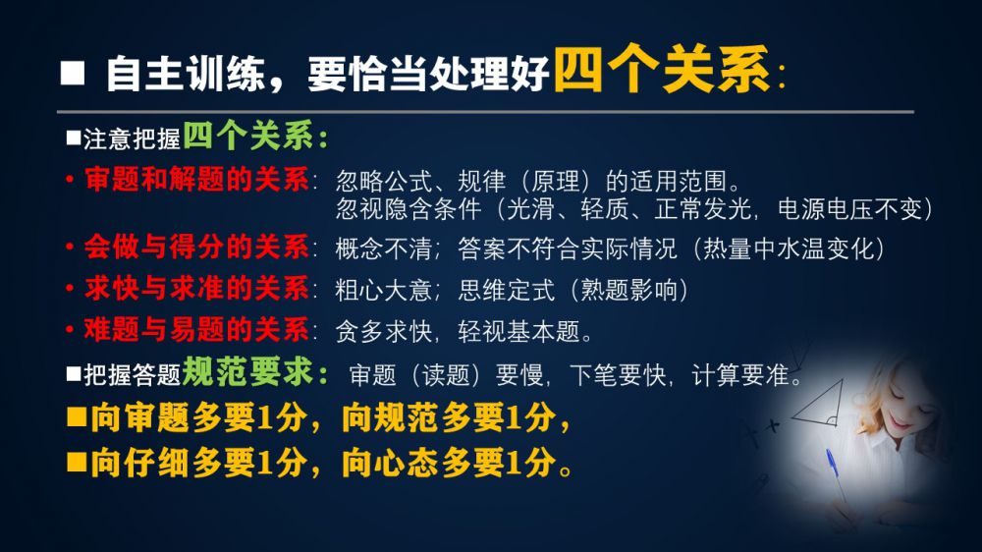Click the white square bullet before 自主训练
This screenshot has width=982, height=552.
tap(73, 73)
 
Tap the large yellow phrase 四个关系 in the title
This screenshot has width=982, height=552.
tap(662, 69)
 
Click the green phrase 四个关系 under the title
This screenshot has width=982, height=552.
tap(248, 136)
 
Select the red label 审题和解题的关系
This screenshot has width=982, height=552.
tap(196, 180)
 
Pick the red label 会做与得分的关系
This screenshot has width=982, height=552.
tap(196, 247)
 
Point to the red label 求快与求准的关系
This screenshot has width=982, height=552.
tap(196, 288)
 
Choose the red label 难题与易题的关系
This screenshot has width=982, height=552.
tap(196, 330)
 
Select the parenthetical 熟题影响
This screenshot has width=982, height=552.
tap(628, 290)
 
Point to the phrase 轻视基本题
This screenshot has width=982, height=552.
tap(518, 332)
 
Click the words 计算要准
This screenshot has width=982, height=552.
tap(739, 375)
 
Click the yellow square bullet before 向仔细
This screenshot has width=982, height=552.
tap(77, 463)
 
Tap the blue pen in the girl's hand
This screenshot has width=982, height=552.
tap(834, 469)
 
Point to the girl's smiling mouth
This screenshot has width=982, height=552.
tap(901, 421)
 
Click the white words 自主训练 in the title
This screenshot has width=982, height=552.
tap(186, 74)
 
